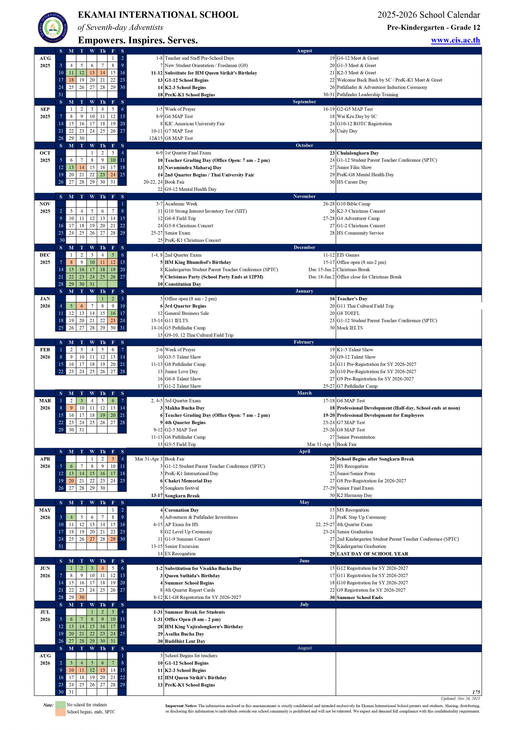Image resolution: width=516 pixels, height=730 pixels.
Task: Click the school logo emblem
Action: pos(53,27)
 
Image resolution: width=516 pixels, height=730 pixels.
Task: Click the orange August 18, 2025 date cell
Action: pos(71,80)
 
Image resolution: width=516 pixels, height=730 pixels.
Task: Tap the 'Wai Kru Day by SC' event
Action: pos(356,116)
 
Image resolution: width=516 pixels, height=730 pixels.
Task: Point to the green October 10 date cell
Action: pos(113,160)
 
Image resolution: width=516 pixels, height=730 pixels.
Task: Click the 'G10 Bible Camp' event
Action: pos(353,204)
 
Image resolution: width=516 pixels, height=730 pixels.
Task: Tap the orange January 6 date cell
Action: pos(82,306)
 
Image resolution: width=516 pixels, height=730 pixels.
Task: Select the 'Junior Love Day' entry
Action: pos(181,372)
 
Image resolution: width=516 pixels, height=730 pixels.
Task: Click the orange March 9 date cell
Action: pos(71,408)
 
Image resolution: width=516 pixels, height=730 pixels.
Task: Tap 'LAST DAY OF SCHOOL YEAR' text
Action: pos(372,553)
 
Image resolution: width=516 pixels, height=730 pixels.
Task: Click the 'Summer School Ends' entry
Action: pos(359,597)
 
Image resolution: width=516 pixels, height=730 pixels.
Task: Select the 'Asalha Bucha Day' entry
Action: pos(184,634)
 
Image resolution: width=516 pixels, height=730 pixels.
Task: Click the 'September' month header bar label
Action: pos(304,102)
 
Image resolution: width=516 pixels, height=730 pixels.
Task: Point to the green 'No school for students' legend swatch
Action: pos(60,705)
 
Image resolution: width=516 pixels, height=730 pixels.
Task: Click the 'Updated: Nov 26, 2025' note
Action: pos(460,699)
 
